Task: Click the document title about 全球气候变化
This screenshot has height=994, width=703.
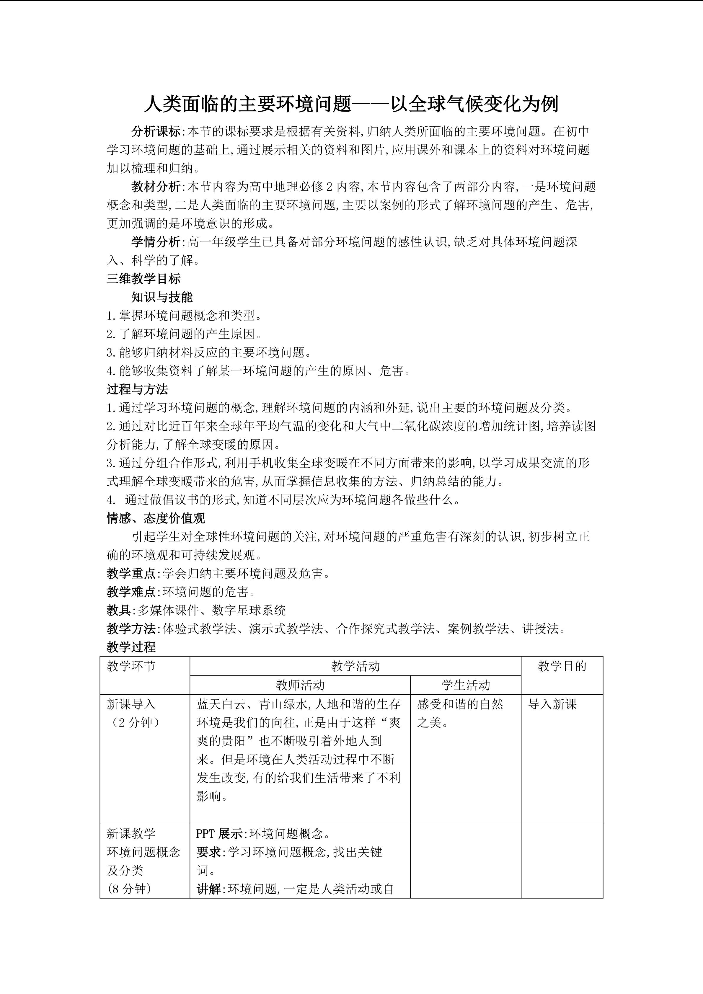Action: (351, 104)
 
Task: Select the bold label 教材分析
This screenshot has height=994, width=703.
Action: (156, 187)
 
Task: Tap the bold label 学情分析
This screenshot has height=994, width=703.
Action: (156, 241)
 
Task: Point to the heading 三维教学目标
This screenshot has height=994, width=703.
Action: (143, 278)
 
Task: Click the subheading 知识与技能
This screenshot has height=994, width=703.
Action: (162, 297)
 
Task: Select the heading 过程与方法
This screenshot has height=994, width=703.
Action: (137, 389)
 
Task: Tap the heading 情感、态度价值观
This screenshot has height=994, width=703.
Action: (156, 518)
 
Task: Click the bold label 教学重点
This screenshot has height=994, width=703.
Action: (131, 574)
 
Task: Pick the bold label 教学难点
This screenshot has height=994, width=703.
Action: (131, 592)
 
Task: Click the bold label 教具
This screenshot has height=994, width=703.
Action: (119, 611)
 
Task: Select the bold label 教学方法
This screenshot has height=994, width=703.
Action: (131, 629)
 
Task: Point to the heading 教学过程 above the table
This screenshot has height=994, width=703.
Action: (131, 647)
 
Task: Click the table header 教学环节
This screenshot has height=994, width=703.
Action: (131, 666)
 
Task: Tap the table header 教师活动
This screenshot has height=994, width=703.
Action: (300, 685)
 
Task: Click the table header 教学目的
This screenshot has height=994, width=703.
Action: (562, 666)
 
